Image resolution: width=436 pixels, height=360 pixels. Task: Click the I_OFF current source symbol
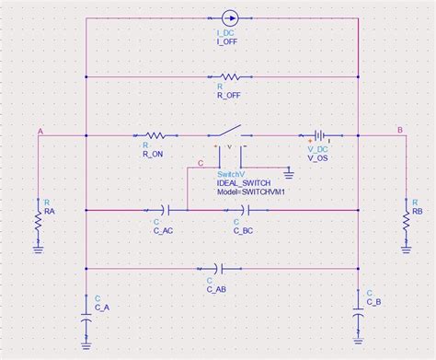tap(229, 17)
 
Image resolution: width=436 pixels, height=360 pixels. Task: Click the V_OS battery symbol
tap(318, 134)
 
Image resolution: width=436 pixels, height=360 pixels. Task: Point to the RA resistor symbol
tap(39, 219)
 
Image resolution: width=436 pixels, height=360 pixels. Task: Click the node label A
tap(40, 131)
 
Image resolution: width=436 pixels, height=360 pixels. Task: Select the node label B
tap(399, 131)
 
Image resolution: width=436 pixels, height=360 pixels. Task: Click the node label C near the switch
tap(201, 164)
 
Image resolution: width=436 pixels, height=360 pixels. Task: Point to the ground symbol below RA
tap(39, 248)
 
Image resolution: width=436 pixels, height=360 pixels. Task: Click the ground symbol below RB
tap(406, 246)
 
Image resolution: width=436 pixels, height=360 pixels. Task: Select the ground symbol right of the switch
tap(288, 172)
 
